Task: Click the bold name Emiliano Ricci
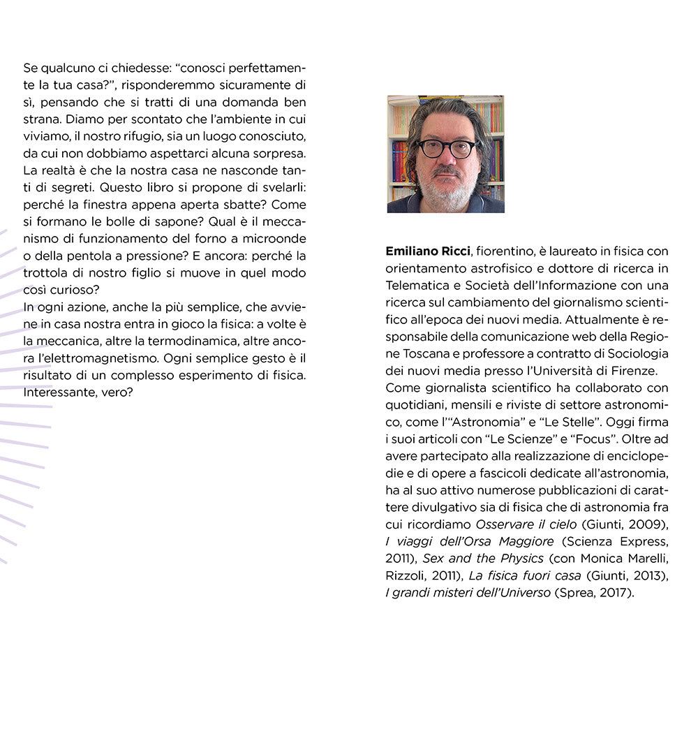[x=427, y=251]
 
